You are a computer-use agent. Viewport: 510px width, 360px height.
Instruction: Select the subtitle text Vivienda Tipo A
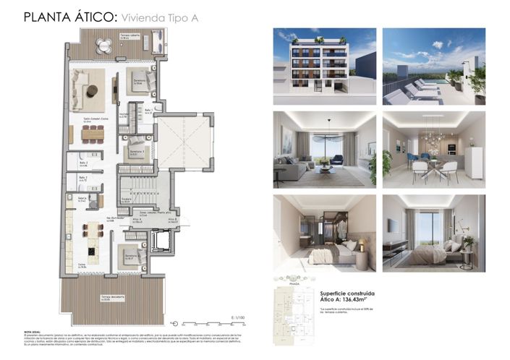(159, 15)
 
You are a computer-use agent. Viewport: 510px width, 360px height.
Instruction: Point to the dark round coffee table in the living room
(92, 91)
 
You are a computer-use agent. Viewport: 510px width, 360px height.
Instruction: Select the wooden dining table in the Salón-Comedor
(92, 132)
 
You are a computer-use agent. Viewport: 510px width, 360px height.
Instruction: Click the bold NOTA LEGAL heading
(32, 330)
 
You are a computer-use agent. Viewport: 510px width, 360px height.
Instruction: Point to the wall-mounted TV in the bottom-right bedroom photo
(393, 226)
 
